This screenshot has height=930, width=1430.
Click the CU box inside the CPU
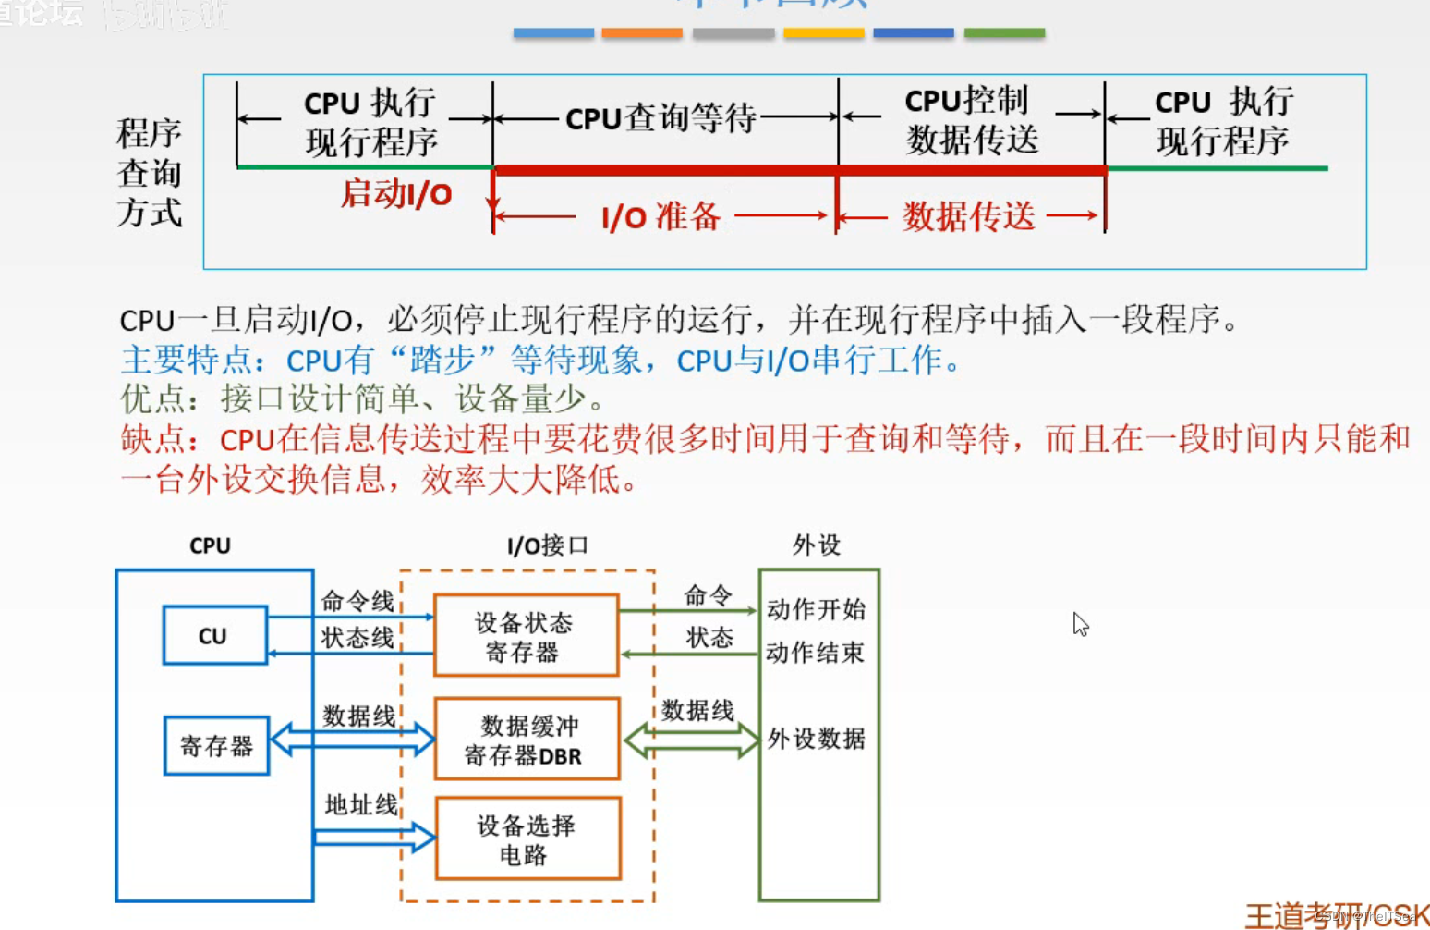[214, 635]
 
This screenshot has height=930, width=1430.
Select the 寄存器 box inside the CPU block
[216, 745]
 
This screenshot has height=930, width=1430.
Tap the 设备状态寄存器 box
[525, 636]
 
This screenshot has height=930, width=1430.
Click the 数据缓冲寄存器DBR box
[526, 740]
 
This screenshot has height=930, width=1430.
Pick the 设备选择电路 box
[527, 838]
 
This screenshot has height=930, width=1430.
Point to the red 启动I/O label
[396, 194]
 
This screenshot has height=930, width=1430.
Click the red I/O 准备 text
[660, 217]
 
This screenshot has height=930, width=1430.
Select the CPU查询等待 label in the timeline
[660, 118]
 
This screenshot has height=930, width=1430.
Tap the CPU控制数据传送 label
[970, 120]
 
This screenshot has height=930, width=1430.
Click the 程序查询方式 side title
[149, 173]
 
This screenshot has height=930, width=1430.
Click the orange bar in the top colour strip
[641, 32]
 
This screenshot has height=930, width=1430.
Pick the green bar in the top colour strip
[1004, 32]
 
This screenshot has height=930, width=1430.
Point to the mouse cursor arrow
[1080, 624]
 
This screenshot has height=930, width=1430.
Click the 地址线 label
[360, 805]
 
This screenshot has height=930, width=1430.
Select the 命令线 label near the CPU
[357, 602]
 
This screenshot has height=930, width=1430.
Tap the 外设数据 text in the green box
[817, 739]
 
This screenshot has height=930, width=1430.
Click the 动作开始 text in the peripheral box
[816, 609]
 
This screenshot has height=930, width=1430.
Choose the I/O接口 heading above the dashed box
[547, 545]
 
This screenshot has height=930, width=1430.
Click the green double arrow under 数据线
[691, 740]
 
